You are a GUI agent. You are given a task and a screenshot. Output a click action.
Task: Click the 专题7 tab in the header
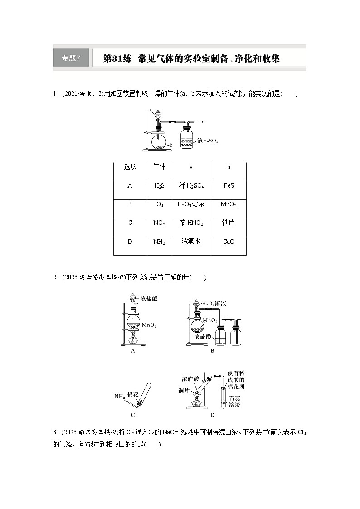click(x=70, y=58)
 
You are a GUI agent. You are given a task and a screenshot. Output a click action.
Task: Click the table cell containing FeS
click(x=229, y=186)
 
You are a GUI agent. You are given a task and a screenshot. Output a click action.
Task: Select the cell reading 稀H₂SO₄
click(x=191, y=186)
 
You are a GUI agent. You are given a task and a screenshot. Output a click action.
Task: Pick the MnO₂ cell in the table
click(x=229, y=204)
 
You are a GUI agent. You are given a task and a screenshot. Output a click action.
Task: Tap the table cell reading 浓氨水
click(x=191, y=242)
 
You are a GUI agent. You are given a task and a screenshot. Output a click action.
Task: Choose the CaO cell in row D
click(x=229, y=242)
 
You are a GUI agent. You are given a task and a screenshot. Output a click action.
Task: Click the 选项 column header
click(x=130, y=167)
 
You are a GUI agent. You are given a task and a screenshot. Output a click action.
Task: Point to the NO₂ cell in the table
click(x=159, y=223)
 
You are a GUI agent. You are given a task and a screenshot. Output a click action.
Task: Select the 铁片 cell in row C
click(x=228, y=223)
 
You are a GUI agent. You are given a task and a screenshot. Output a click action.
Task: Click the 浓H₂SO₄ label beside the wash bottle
click(x=208, y=141)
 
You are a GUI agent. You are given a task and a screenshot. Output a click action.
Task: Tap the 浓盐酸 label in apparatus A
click(x=149, y=299)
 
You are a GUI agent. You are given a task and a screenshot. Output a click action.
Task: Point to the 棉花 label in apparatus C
click(x=133, y=394)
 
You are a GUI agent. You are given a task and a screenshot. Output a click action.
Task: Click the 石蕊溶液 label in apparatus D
click(x=234, y=402)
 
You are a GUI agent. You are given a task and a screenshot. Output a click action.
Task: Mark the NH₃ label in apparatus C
click(x=119, y=397)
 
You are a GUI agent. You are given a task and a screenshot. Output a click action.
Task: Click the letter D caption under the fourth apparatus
click(x=212, y=414)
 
